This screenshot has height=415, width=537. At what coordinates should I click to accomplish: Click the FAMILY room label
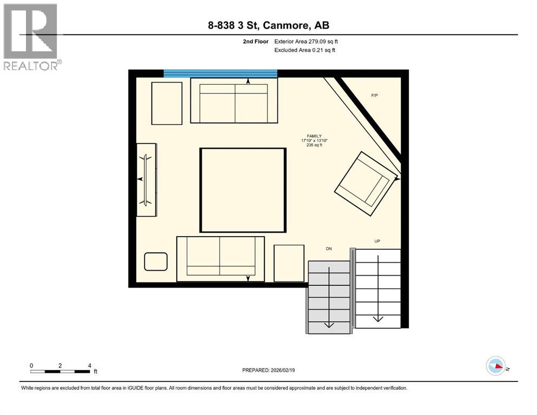pos(314,136)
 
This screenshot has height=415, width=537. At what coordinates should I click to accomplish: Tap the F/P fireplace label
pos(374,96)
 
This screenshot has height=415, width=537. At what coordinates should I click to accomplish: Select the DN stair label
pos(328,249)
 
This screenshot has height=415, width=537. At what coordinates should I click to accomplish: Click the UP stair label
pos(377,240)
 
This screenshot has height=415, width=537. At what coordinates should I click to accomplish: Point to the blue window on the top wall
pos(220,73)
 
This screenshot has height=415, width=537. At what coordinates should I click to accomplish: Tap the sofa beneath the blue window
pos(234,101)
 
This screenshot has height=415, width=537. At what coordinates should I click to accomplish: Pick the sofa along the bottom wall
pos(221,259)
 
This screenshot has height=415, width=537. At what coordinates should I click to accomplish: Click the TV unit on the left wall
pos(146,180)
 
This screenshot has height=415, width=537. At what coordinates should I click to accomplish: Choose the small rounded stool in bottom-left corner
pos(156,262)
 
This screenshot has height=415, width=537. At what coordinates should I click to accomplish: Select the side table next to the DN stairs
pos(289,263)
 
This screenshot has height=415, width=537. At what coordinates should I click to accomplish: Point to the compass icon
pos(495,366)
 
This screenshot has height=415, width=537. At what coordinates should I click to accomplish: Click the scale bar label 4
pos(89,366)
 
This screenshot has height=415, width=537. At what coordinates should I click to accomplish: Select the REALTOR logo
pos(31,36)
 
